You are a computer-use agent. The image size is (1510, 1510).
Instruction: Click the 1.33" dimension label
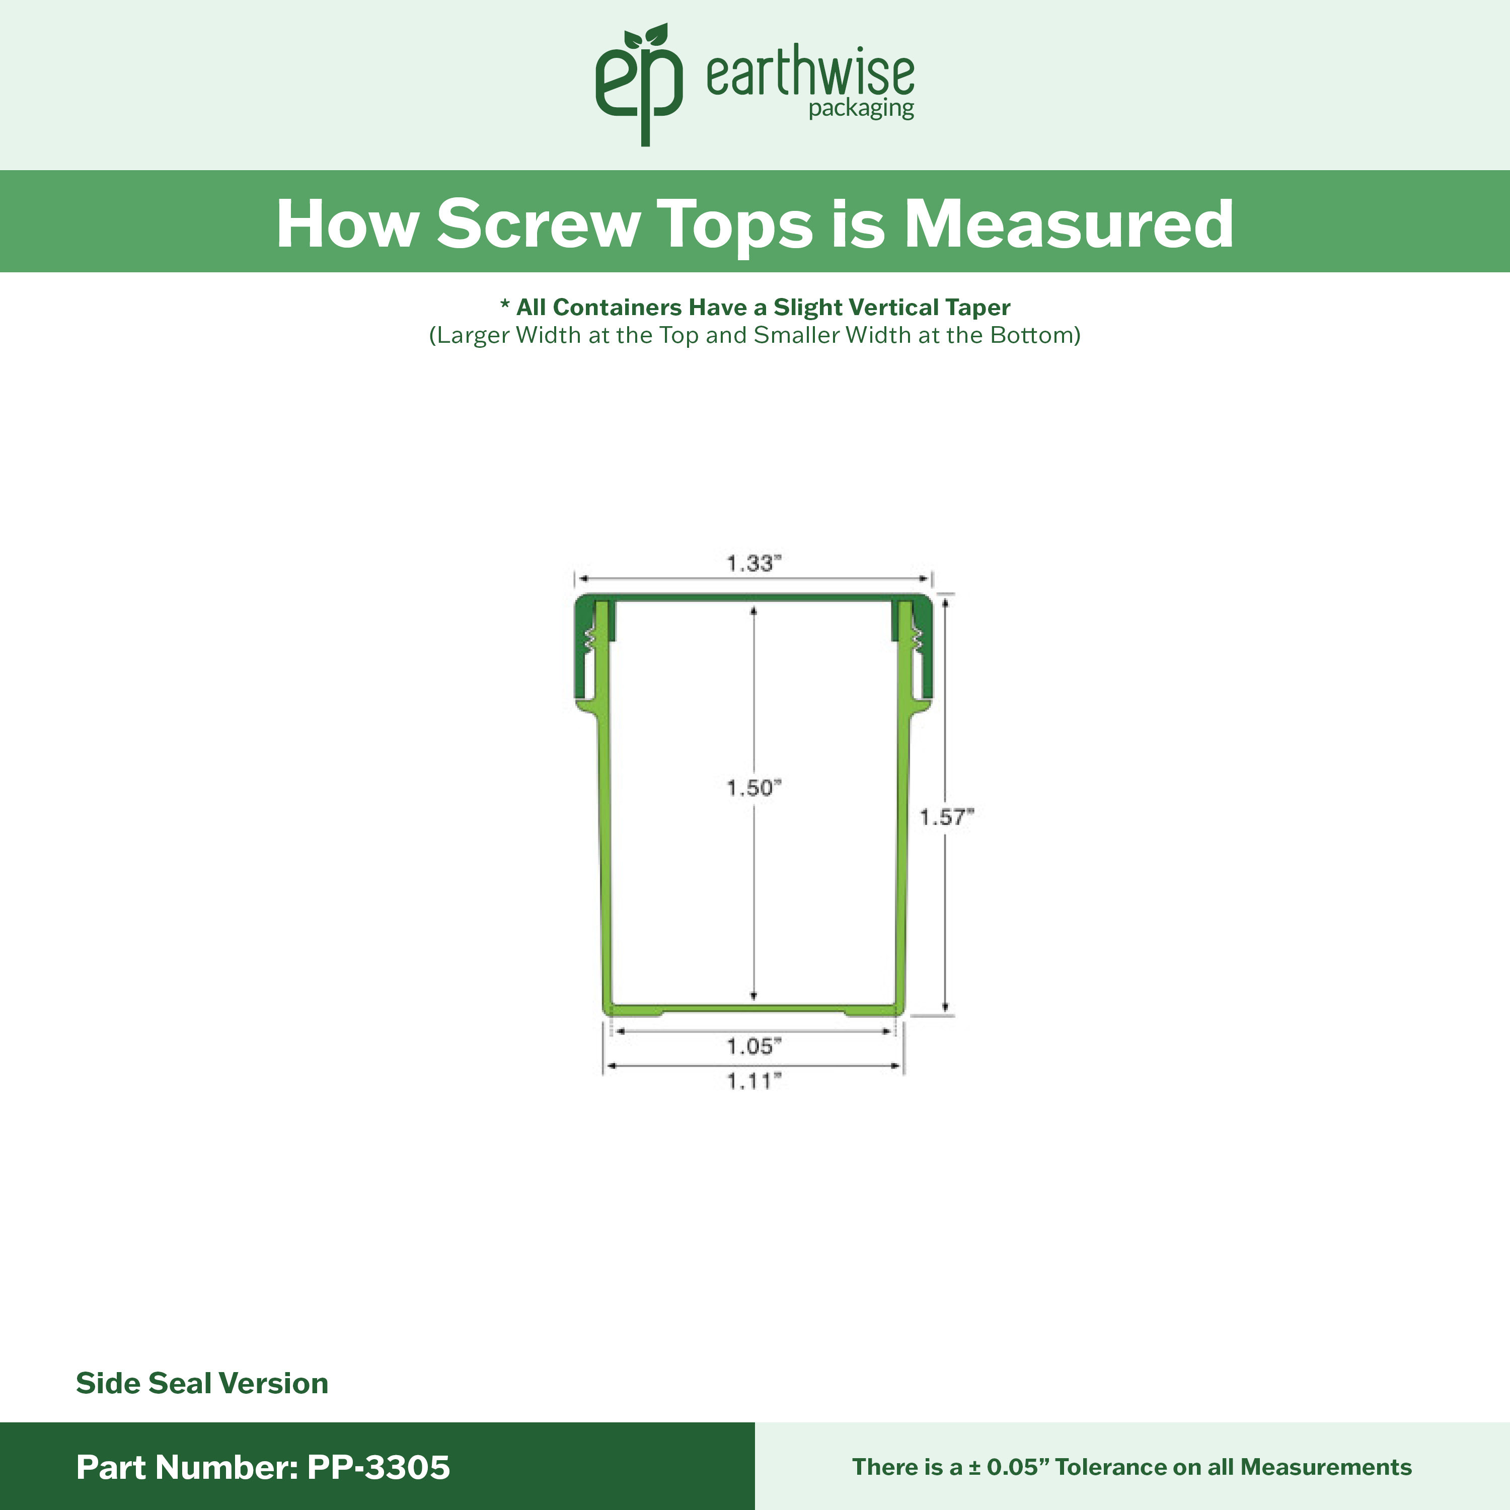753,563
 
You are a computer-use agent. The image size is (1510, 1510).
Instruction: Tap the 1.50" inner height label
753,788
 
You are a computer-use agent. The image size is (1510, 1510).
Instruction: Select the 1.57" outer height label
946,817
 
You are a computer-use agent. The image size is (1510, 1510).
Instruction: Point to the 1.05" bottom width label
753,1046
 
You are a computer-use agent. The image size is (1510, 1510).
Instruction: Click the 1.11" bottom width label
753,1081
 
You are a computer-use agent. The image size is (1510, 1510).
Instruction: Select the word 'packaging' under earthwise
861,109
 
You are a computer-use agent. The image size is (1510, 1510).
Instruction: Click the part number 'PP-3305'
379,1467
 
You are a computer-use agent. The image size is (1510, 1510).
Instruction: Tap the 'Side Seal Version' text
202,1383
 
